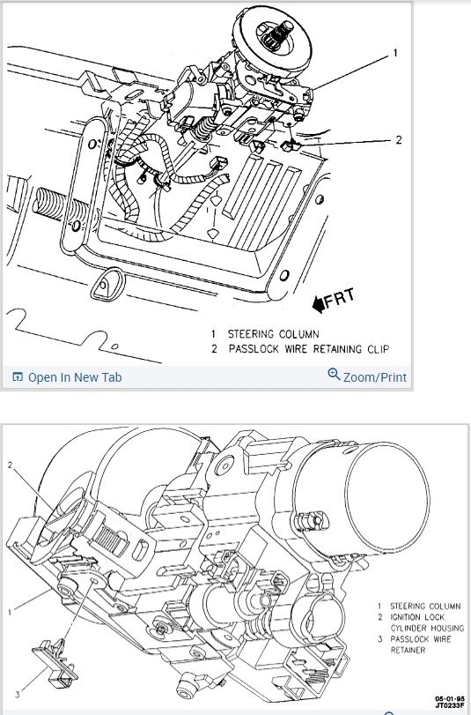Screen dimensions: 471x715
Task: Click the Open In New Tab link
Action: tap(75, 377)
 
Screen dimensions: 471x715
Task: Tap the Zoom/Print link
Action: tap(375, 377)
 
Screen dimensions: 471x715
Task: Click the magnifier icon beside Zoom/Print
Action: tap(334, 375)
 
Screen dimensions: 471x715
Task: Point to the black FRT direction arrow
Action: tap(319, 304)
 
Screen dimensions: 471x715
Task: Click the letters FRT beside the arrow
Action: tap(339, 297)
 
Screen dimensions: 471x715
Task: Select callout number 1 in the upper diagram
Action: tap(395, 54)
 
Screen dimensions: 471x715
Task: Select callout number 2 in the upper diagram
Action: tap(399, 139)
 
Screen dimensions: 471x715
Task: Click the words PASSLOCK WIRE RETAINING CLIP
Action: tap(309, 349)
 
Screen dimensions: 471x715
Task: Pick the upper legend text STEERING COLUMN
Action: tap(273, 334)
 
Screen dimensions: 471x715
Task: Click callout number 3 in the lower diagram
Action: tap(18, 695)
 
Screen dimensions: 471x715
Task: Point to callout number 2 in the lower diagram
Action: tap(10, 465)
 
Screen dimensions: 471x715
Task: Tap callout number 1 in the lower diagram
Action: tap(9, 612)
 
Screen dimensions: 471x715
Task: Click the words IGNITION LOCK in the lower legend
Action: tap(417, 617)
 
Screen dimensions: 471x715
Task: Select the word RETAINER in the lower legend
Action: tap(408, 650)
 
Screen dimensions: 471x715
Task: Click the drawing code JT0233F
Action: tap(450, 705)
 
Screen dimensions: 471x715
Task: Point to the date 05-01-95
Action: tap(450, 698)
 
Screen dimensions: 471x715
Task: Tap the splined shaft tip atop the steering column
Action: tap(277, 32)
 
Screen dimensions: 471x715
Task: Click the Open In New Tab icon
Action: tap(18, 377)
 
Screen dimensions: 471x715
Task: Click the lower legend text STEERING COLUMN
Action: tap(425, 606)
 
